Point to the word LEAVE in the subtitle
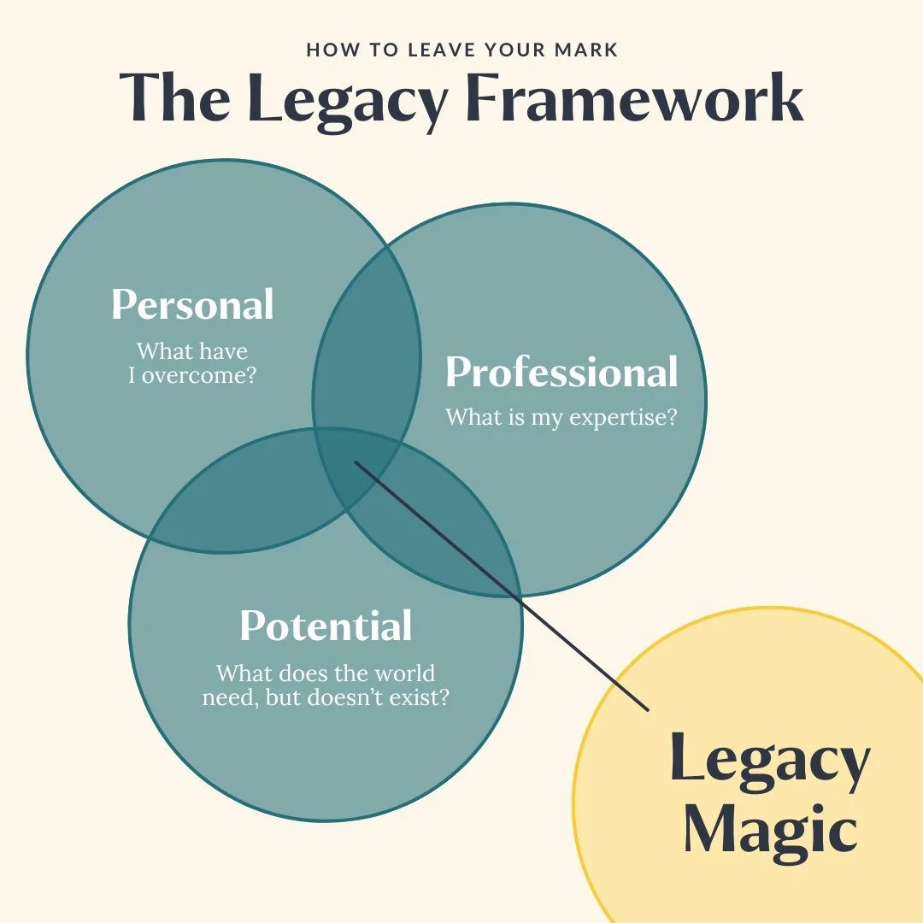click(x=414, y=50)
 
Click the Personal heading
click(x=193, y=305)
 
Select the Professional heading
click(x=561, y=373)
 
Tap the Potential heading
click(x=326, y=626)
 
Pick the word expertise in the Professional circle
click(x=608, y=418)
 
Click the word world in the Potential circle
click(x=403, y=673)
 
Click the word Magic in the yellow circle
click(x=770, y=829)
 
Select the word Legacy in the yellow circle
click(x=769, y=761)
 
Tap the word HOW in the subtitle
click(x=327, y=50)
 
